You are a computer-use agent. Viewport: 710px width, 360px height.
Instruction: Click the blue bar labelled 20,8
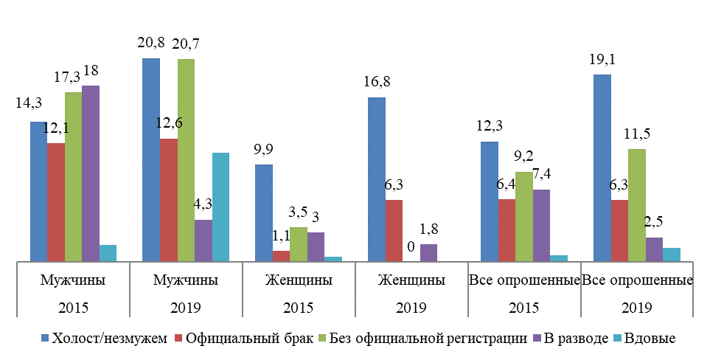(151, 159)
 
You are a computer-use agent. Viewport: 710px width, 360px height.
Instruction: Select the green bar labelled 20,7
(186, 159)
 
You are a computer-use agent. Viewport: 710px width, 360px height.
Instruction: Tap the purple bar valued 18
(91, 173)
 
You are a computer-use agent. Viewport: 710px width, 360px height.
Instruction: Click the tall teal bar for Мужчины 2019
(220, 207)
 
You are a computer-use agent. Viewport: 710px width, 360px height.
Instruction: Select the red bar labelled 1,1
(281, 255)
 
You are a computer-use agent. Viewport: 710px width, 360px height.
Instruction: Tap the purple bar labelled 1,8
(428, 252)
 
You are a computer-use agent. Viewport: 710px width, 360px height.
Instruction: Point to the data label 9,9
(264, 150)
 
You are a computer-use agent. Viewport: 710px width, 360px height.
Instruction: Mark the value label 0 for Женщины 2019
(411, 246)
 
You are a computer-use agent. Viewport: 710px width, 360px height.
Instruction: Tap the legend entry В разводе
(571, 339)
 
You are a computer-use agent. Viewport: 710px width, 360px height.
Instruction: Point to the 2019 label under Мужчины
(185, 307)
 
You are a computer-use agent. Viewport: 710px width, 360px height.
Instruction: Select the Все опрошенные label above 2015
(524, 281)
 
